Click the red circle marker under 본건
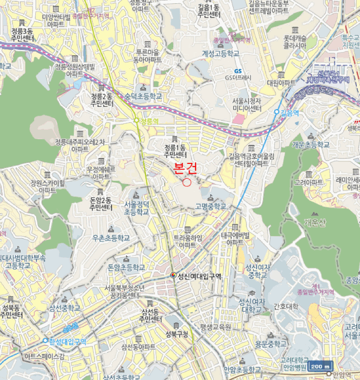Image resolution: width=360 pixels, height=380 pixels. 187,182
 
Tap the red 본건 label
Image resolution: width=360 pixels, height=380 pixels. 186,168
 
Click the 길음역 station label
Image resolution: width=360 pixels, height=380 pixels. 290,112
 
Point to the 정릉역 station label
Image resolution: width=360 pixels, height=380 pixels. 148,122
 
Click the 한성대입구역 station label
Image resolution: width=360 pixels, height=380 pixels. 67,341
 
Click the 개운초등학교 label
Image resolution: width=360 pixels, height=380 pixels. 310,145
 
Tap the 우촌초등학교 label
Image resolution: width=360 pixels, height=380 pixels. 111,238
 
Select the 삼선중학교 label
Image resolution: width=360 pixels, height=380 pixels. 64,308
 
